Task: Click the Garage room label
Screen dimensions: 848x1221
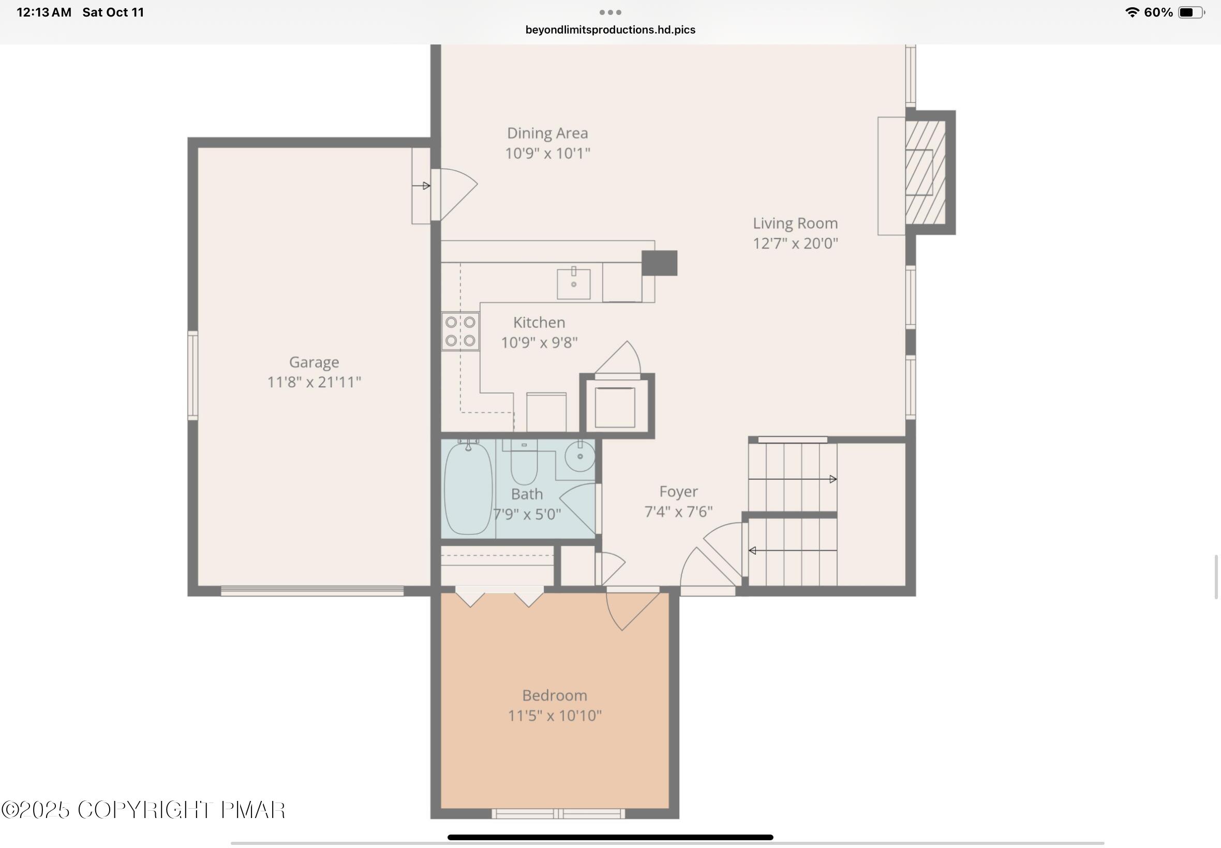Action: pos(314,362)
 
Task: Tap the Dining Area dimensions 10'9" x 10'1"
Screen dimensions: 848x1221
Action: pos(547,154)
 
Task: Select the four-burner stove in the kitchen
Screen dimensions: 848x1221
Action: pos(460,331)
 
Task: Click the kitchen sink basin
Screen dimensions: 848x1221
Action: pos(574,284)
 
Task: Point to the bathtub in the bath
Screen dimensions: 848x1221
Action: pos(468,488)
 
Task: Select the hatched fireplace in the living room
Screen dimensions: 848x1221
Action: pos(925,172)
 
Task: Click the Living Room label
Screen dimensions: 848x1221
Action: pos(795,223)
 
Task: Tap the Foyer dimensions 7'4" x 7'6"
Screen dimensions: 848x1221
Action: pos(678,512)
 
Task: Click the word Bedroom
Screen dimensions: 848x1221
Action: pos(555,695)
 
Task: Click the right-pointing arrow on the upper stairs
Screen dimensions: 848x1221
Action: pos(832,479)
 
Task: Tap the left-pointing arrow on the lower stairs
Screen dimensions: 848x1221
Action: pos(753,551)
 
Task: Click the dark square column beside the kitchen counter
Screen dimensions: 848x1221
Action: pos(659,263)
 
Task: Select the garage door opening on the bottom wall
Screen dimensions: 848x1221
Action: pos(312,591)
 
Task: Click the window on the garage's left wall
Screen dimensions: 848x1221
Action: pos(193,374)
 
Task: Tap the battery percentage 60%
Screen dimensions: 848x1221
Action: pos(1158,12)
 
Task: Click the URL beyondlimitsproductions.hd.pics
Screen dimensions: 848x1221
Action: pos(610,30)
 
